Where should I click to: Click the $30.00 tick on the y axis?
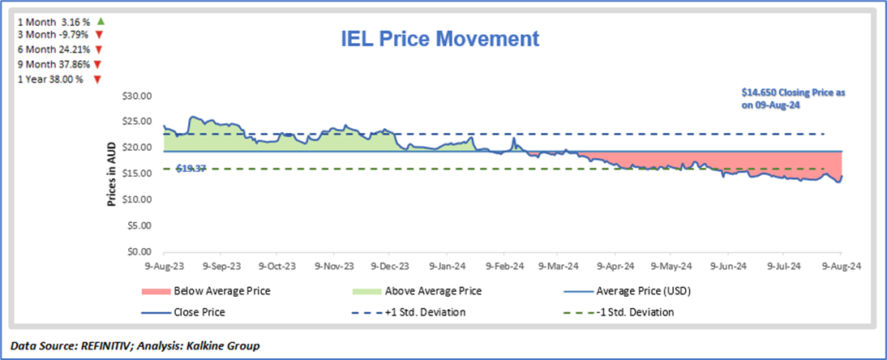136,96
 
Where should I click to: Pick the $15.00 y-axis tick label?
136,174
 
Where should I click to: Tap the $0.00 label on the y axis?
139,251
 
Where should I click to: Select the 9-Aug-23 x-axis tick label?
163,265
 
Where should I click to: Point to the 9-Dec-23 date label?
389,265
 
